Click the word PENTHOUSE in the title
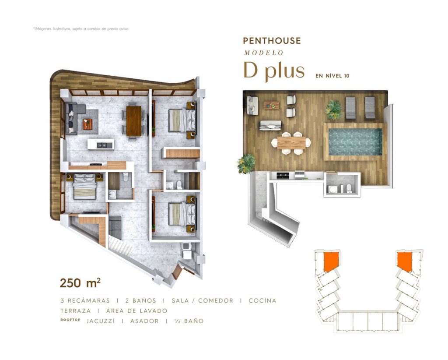[272, 41]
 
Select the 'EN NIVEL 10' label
[332, 76]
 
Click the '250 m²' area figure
[80, 283]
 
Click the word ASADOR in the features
[144, 321]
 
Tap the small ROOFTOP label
[70, 320]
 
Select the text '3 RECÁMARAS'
[85, 300]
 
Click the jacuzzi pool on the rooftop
[355, 142]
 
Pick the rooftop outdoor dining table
[291, 143]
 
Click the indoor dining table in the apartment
[134, 121]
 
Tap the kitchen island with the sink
[101, 144]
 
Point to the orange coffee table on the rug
[87, 124]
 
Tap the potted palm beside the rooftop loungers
[334, 110]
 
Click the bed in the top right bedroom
[182, 120]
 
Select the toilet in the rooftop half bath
[349, 188]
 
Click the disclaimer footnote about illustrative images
[81, 29]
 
